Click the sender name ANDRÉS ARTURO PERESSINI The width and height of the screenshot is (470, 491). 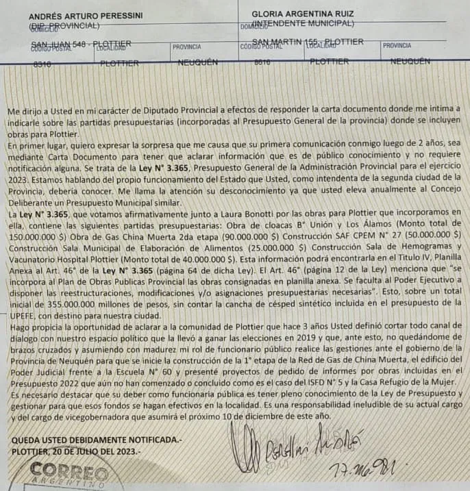(x=86, y=15)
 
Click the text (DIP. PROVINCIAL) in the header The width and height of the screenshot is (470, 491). (x=65, y=26)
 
